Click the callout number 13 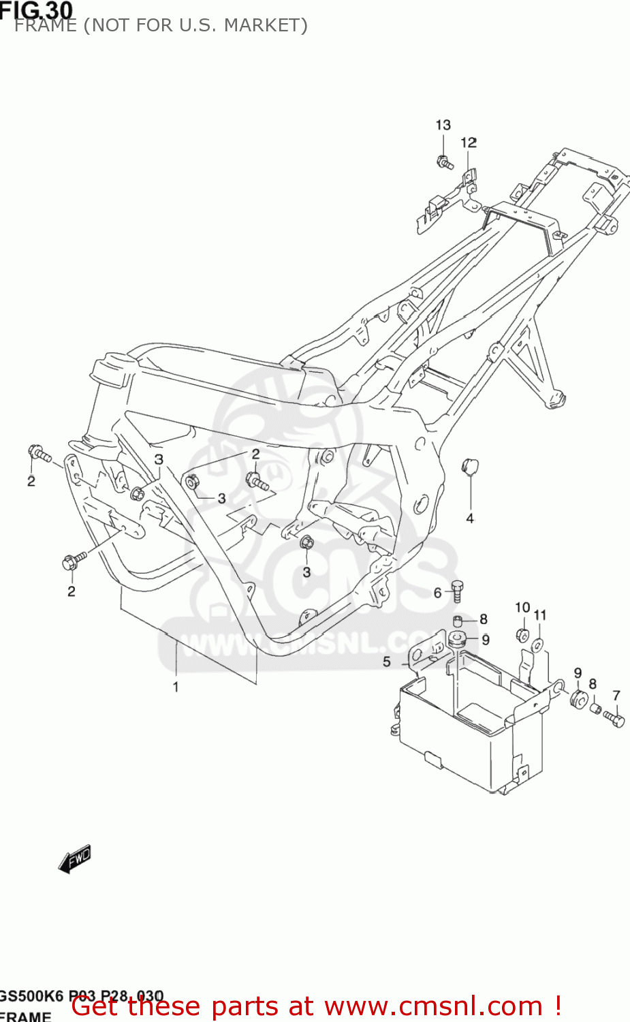443,125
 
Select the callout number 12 469,142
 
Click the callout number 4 469,518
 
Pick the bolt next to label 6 457,591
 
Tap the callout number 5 387,662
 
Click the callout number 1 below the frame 176,687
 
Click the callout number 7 616,696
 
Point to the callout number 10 522,607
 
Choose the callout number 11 540,615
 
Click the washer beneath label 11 537,644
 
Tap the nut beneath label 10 522,635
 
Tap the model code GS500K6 31,995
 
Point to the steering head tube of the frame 109,371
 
